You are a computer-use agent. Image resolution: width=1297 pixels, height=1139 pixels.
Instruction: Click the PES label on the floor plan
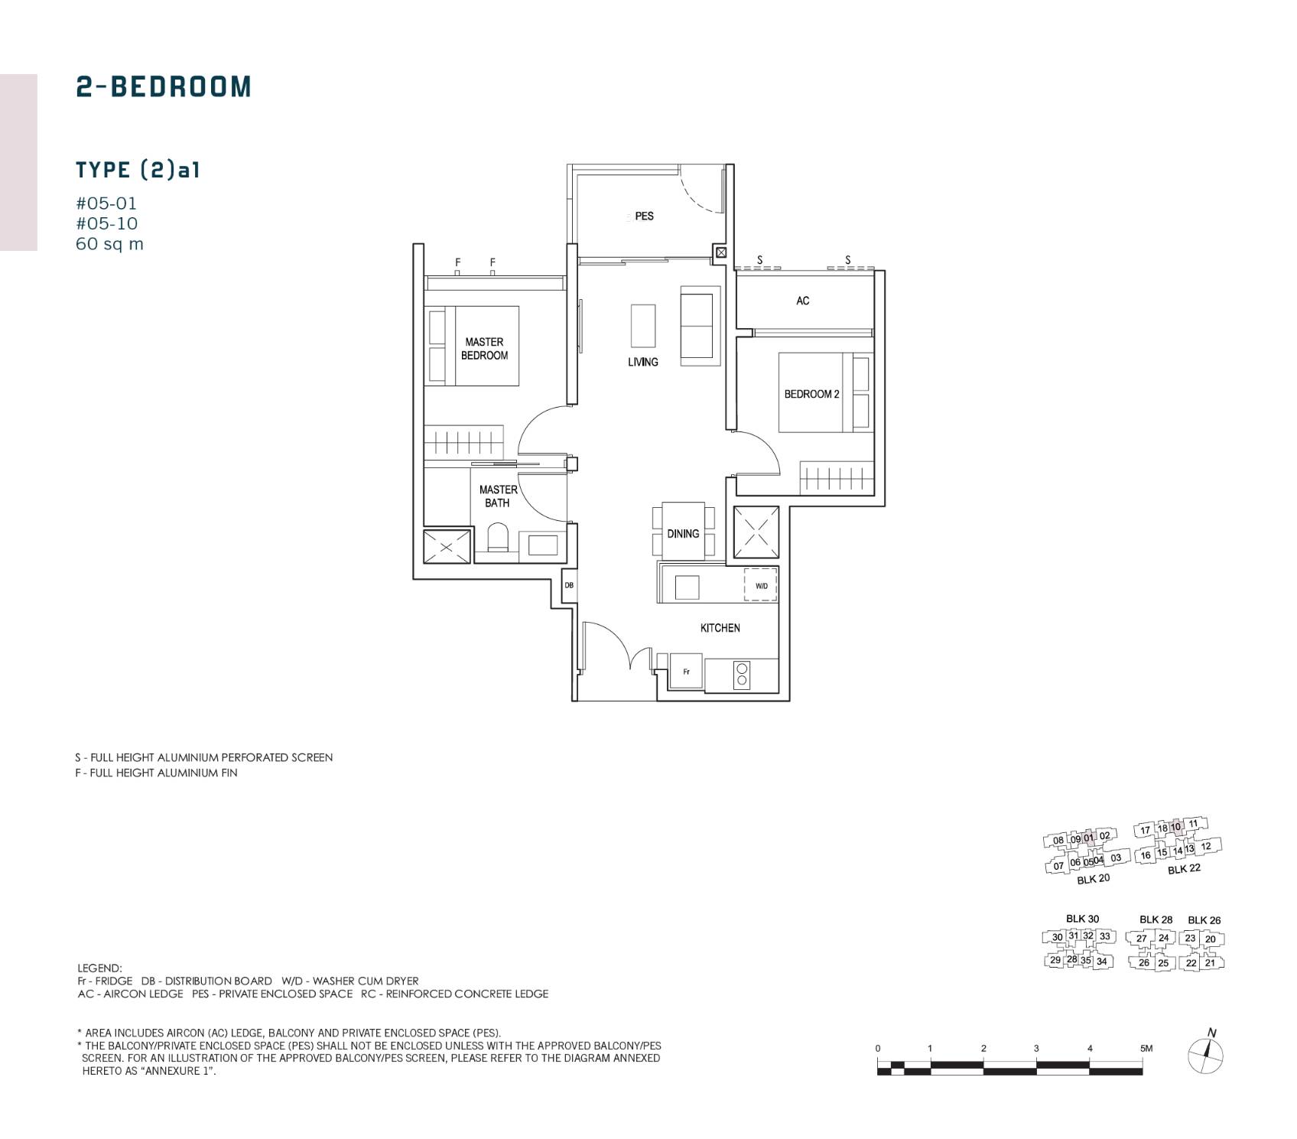click(x=644, y=216)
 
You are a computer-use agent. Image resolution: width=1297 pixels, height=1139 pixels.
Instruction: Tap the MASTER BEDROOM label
click(x=484, y=349)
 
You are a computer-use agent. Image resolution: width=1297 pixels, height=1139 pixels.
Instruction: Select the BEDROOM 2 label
click(x=811, y=394)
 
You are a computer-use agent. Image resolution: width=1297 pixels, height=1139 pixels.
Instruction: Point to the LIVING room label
click(x=643, y=362)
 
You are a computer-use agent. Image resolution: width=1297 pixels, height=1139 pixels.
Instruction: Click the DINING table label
click(x=683, y=534)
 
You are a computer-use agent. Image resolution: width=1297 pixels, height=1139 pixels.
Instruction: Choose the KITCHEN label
click(x=720, y=628)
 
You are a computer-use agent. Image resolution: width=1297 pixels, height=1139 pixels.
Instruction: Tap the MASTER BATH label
click(x=498, y=496)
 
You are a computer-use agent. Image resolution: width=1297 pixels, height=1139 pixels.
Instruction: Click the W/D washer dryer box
click(x=761, y=586)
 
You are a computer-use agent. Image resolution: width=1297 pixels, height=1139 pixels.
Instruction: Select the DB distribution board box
click(x=569, y=586)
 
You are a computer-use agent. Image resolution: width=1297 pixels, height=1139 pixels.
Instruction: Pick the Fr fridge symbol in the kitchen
click(x=687, y=672)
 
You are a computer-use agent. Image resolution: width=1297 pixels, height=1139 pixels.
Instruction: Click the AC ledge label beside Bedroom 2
click(x=803, y=301)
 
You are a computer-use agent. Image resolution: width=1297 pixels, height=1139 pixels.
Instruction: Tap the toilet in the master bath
click(x=498, y=538)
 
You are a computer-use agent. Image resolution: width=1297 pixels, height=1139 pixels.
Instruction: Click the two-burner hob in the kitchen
click(x=742, y=675)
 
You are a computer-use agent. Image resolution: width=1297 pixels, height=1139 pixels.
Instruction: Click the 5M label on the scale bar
click(x=1146, y=1048)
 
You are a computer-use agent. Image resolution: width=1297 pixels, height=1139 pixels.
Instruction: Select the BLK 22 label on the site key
click(x=1184, y=869)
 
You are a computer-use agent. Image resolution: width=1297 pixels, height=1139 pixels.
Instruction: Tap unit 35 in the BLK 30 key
click(x=1086, y=961)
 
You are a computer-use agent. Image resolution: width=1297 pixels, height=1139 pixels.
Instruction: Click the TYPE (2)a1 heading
click(x=138, y=170)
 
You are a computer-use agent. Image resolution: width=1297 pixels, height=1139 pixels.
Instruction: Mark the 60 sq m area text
click(x=109, y=244)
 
